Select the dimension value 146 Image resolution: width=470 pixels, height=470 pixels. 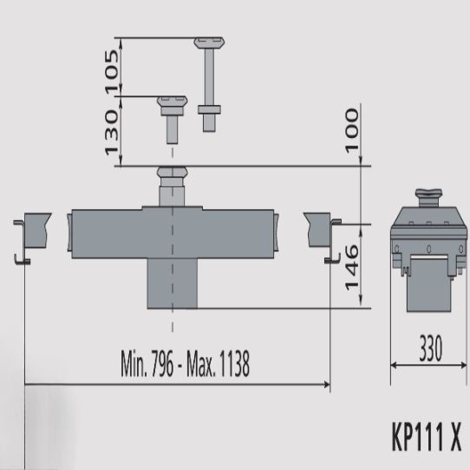[352, 267]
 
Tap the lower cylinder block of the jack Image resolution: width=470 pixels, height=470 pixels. [171, 283]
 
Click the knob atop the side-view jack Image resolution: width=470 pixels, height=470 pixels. [428, 194]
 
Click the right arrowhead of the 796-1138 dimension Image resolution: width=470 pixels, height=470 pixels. [325, 384]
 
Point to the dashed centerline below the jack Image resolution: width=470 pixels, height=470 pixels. [172, 321]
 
